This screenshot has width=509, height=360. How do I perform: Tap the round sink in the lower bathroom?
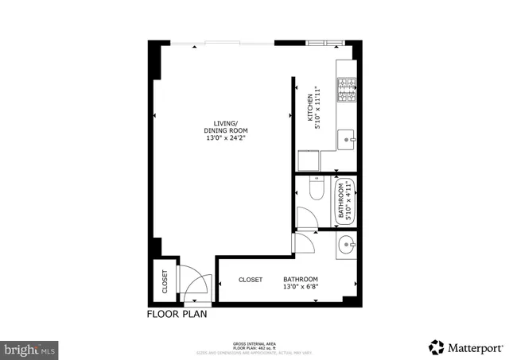click(x=346, y=244)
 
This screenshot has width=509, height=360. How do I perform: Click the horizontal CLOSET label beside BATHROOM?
click(x=251, y=280)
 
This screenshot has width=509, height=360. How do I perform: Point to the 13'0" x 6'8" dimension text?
click(x=301, y=288)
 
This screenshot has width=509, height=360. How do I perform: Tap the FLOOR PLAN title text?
click(x=177, y=314)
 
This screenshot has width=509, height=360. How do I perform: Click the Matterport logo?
click(x=466, y=346)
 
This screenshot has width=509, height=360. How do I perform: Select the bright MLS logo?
click(x=30, y=348)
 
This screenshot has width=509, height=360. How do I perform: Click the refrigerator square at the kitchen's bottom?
click(x=309, y=160)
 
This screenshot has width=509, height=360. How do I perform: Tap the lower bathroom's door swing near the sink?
click(x=305, y=243)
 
